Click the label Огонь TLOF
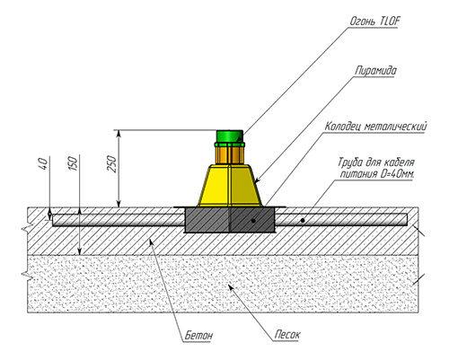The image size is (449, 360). [374, 22]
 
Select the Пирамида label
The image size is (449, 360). [375, 71]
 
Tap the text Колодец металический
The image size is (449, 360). [376, 127]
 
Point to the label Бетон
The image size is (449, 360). [198, 335]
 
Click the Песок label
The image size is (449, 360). [287, 335]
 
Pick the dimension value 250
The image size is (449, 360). [111, 163]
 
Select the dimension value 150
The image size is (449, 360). [73, 163]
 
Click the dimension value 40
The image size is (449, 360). [43, 164]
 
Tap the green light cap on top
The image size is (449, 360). [230, 136]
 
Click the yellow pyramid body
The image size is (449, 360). [230, 186]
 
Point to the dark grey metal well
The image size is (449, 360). [230, 220]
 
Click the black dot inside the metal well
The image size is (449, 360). [253, 221]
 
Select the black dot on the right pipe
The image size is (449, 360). [303, 221]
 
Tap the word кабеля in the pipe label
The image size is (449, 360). [399, 162]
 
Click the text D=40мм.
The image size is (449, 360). [398, 174]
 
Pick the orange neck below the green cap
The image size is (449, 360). [230, 155]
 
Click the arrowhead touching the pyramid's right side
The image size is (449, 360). [257, 180]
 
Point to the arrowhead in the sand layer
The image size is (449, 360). [231, 288]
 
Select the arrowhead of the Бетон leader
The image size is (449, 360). [152, 241]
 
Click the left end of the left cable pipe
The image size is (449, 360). [53, 220]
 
